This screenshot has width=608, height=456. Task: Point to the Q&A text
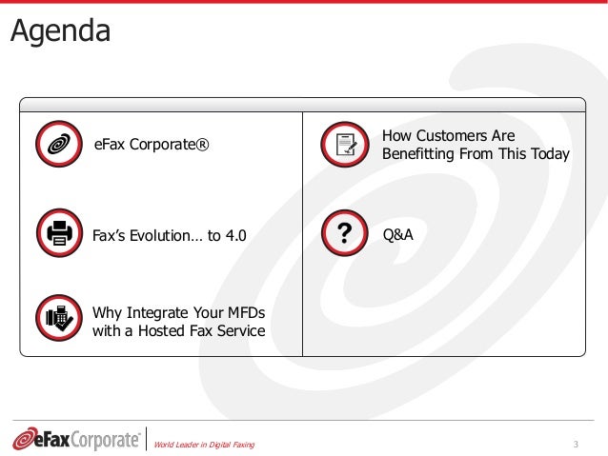click(397, 231)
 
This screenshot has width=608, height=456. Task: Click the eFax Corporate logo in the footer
click(76, 439)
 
